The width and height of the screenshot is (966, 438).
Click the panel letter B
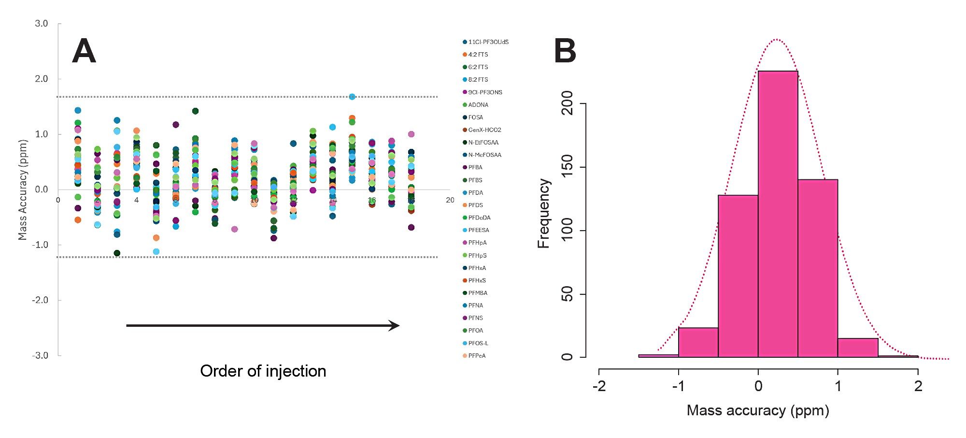point(565,51)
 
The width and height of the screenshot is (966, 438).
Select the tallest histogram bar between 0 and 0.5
point(778,213)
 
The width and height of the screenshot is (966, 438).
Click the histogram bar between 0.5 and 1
point(818,268)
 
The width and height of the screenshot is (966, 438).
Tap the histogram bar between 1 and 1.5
point(858,348)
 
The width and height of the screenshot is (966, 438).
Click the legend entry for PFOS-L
point(478,343)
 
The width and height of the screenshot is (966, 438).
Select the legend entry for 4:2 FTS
point(478,55)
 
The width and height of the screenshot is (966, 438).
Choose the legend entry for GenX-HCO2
point(484,130)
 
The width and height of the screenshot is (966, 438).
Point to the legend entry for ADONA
point(478,104)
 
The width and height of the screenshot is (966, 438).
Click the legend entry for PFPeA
point(477,356)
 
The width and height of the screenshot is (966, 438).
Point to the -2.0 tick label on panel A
point(40,300)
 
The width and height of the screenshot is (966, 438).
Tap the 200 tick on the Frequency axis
point(568,103)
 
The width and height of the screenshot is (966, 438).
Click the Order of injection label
point(263,371)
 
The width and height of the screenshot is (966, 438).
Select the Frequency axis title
point(544,213)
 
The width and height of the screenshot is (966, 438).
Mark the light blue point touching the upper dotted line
point(352,97)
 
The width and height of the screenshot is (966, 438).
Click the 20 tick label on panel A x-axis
point(450,200)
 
